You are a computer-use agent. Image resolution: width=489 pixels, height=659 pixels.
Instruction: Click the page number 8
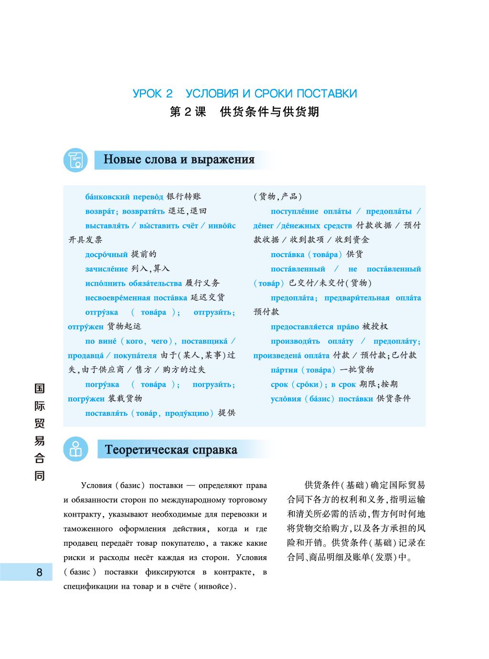tap(39, 572)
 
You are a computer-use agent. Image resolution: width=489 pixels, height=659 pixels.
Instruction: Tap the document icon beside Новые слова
tap(75, 160)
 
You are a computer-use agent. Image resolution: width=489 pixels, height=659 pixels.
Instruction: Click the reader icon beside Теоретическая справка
tap(75, 449)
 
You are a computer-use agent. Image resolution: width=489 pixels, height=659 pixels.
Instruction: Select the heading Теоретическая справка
tap(171, 450)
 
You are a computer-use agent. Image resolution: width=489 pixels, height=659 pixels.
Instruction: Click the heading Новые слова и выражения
tap(179, 159)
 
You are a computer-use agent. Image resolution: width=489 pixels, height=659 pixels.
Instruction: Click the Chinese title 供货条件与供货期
tap(270, 112)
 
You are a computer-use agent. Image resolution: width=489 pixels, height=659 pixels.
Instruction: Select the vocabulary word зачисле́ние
tap(106, 269)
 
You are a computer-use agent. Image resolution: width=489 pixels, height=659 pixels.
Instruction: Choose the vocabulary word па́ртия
tap(284, 370)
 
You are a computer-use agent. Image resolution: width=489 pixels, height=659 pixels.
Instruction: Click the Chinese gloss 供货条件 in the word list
tap(393, 399)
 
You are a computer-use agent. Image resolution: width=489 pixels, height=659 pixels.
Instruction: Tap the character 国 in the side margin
tap(39, 388)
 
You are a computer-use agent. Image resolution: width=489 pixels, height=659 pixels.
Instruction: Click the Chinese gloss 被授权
tap(375, 327)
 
